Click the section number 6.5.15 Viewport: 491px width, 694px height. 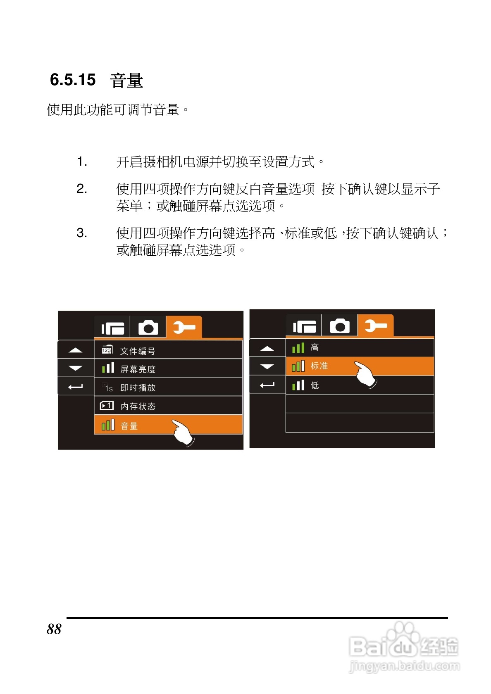[73, 80]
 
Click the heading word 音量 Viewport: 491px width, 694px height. [126, 80]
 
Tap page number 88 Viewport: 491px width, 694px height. [54, 629]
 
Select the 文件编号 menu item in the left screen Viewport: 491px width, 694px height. [138, 351]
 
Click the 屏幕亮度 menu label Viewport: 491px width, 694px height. [138, 369]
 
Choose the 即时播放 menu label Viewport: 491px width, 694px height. [138, 387]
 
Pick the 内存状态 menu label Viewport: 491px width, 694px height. [138, 406]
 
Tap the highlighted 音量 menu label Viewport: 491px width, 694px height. [129, 425]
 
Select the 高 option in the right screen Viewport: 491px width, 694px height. [315, 347]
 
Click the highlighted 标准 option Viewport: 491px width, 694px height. [319, 366]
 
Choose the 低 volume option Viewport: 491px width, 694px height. [315, 385]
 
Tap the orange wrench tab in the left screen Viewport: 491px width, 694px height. [184, 328]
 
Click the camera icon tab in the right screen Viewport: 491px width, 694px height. [340, 326]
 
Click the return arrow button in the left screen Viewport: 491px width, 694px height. [75, 387]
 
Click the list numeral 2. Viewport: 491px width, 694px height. [81, 189]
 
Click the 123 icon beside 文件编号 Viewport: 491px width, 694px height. [107, 350]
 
